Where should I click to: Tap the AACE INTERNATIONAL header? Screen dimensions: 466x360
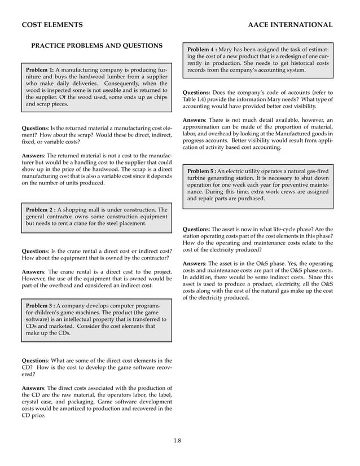click(290, 25)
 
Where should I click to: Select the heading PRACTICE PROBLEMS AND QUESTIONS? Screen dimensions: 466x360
click(96, 46)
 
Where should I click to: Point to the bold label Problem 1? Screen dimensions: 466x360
click(39, 69)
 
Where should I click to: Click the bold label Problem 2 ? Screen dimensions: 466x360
click(41, 210)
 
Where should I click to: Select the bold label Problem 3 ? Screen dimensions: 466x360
click(41, 305)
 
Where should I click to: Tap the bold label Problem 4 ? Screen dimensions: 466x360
click(201, 49)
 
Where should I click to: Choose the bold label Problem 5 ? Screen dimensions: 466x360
click(201, 170)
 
